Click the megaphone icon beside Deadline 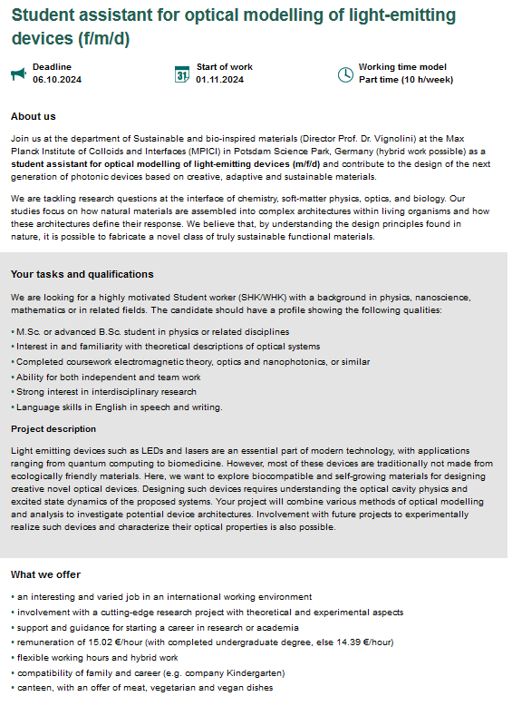point(18,74)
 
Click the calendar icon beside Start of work point(181,74)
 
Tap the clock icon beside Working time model point(344,74)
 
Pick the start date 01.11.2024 point(219,80)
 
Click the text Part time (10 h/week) point(405,80)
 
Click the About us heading point(33,116)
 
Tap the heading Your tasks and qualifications point(82,274)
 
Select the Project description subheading point(53,429)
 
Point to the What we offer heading point(45,574)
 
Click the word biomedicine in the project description point(197,463)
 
